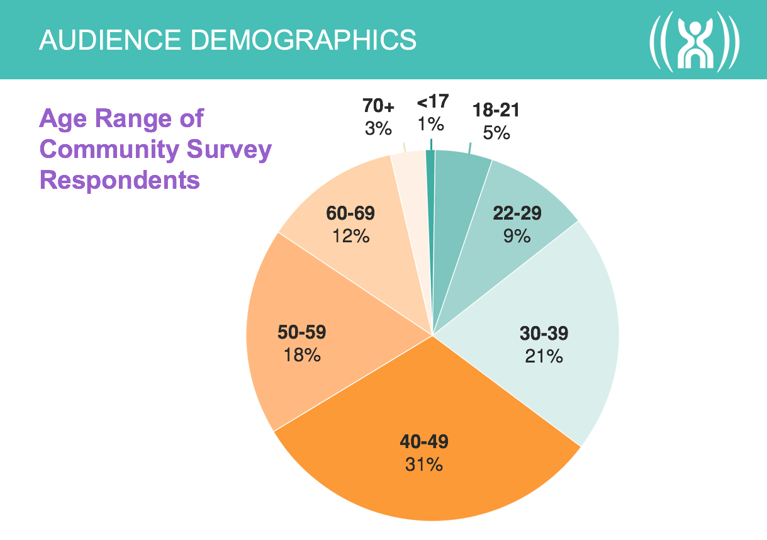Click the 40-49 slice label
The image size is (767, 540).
click(424, 442)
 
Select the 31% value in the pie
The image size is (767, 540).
click(424, 465)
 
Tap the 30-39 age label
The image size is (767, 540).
click(544, 332)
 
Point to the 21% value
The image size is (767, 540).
click(544, 356)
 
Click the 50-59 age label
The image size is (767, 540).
click(302, 331)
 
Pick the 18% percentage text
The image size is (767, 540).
click(302, 354)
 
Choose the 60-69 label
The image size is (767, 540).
click(350, 213)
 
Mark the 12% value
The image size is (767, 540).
click(350, 237)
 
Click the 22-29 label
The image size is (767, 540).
click(517, 213)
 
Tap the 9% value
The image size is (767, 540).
click(517, 237)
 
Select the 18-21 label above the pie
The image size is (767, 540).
click(496, 111)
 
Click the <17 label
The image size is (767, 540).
click(432, 103)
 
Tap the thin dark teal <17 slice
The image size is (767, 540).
click(431, 189)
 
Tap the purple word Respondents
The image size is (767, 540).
click(120, 180)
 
